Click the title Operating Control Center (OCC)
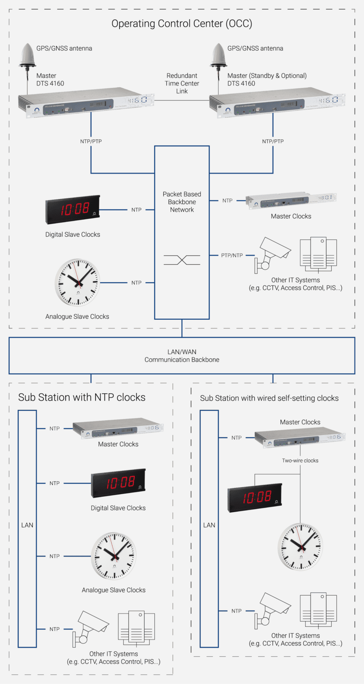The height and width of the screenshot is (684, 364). [x=182, y=24]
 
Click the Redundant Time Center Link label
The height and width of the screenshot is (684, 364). [x=182, y=83]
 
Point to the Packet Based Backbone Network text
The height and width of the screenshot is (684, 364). [x=182, y=202]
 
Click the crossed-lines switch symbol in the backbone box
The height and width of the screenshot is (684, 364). [x=182, y=259]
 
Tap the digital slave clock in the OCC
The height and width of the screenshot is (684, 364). [x=73, y=209]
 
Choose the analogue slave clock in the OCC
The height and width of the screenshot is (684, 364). [x=77, y=282]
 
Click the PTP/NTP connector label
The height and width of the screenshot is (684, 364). [x=232, y=255]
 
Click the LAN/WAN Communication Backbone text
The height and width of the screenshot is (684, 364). [x=182, y=356]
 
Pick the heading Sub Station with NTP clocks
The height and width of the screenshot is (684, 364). [x=82, y=398]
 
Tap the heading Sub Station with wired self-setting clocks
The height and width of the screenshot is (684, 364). [x=269, y=398]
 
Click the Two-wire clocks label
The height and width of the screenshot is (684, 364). [x=300, y=460]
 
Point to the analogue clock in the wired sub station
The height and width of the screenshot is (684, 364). [x=300, y=546]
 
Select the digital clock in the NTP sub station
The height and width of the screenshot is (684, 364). [x=118, y=483]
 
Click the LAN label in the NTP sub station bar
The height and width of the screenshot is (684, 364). [x=27, y=525]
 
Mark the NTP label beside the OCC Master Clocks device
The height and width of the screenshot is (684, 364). [x=227, y=200]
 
